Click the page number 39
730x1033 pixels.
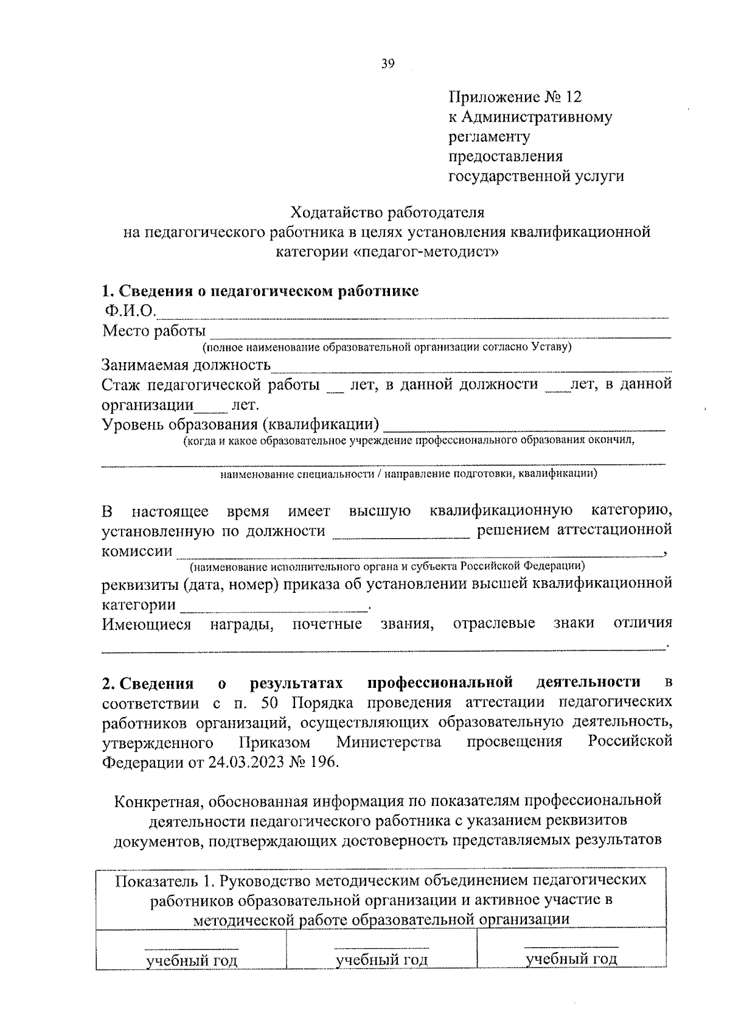388,63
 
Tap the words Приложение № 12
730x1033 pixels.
515,97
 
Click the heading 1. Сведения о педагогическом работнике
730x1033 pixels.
260,291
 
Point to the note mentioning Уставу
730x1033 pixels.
388,348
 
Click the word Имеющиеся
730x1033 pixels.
147,624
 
